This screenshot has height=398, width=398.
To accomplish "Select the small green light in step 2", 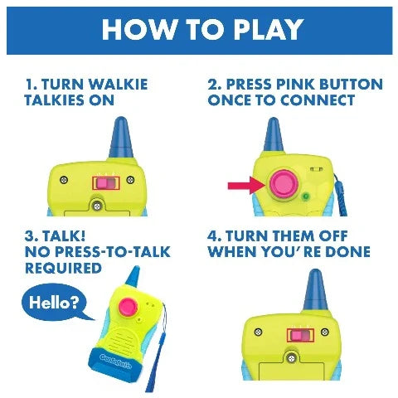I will (306, 197).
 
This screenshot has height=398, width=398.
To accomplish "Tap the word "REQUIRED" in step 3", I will (63, 268).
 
